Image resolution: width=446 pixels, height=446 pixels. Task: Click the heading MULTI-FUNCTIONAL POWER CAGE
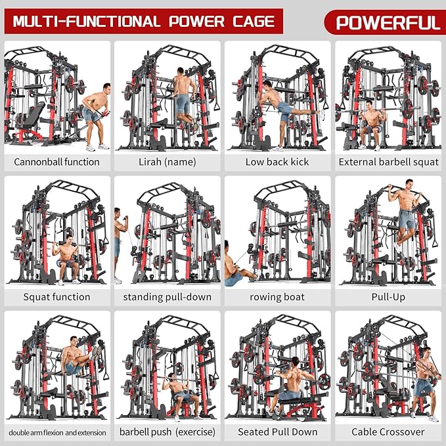(144, 22)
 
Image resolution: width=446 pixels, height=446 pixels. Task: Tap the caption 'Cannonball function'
(56, 162)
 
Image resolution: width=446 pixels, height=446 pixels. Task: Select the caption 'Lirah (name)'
(167, 162)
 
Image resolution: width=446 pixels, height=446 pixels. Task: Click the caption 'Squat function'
(56, 297)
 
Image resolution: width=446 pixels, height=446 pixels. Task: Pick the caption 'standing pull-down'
(167, 297)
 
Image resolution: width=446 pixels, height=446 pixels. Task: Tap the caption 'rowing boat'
(277, 297)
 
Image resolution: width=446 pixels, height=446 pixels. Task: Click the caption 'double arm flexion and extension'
(56, 432)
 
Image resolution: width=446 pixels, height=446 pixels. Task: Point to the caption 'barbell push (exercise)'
(167, 432)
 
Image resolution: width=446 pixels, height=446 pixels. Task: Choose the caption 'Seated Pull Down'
(277, 432)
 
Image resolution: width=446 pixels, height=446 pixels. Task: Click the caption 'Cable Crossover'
(388, 432)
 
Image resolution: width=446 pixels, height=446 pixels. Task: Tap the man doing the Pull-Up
(405, 217)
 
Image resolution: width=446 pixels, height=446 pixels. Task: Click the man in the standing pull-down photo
(119, 243)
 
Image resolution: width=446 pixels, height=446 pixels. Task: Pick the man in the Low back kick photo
(279, 105)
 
